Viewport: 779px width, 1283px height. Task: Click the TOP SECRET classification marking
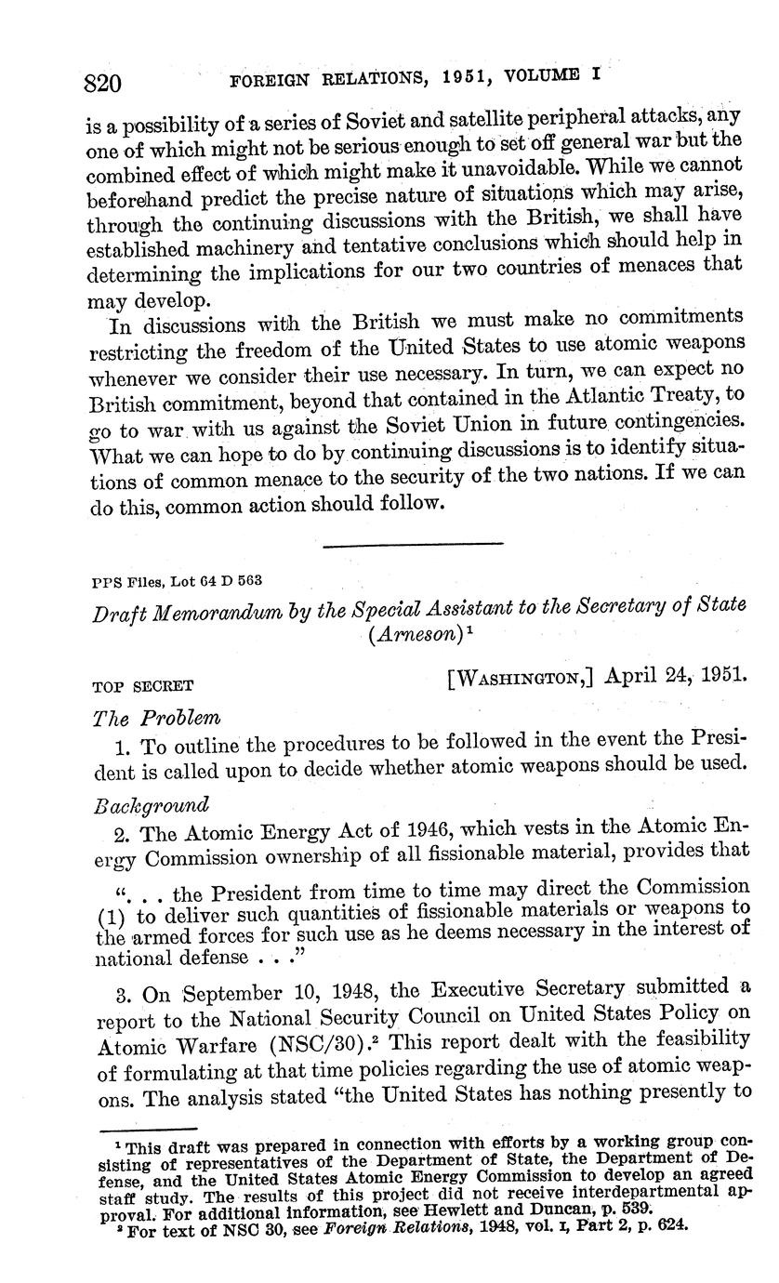(x=142, y=688)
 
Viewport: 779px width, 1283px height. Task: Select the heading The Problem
(x=156, y=719)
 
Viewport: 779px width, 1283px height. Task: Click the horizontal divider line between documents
(x=412, y=543)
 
